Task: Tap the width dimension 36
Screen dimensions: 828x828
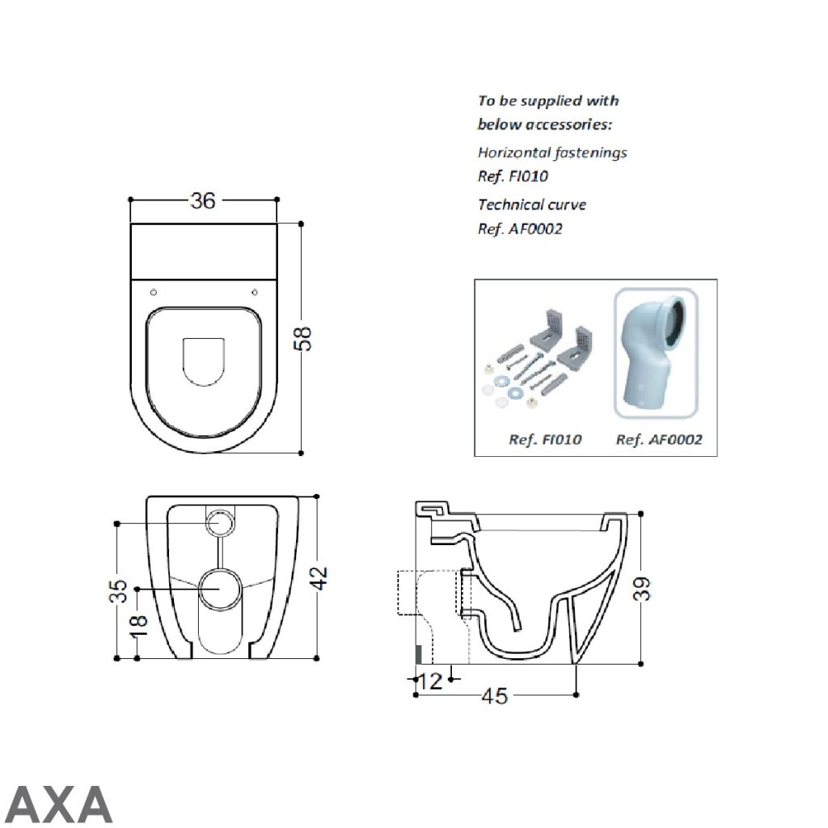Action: coord(203,200)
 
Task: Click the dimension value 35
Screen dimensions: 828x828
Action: coord(118,590)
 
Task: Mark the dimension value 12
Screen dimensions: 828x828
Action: coord(431,681)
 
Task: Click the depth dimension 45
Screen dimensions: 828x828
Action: coord(495,695)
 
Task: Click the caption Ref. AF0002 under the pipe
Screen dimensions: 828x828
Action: coord(659,440)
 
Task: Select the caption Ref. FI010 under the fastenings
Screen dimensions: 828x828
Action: coord(545,440)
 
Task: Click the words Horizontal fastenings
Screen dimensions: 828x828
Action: coord(552,152)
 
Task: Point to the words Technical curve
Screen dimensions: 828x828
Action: coord(532,205)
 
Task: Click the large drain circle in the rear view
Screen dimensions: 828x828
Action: coord(219,588)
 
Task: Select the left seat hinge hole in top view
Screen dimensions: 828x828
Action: coord(154,291)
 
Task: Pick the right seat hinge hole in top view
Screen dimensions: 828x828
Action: coord(255,291)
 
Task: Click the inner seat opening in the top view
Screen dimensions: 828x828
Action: coord(204,358)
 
